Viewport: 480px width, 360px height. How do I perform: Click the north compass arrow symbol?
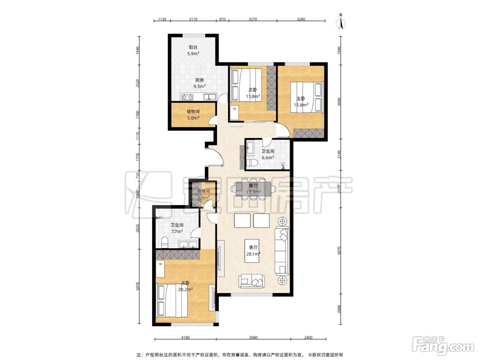pyautogui.click(x=340, y=23)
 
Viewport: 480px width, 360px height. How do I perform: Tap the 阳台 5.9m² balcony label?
pyautogui.click(x=193, y=50)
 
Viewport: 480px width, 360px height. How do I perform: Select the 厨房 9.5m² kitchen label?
pyautogui.click(x=200, y=83)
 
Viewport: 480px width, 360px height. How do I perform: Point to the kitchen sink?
pyautogui.click(x=209, y=96)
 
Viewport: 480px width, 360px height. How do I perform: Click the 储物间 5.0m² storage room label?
pyautogui.click(x=193, y=115)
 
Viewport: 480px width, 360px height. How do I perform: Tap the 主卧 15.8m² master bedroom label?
pyautogui.click(x=301, y=101)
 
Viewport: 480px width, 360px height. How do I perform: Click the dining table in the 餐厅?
pyautogui.click(x=253, y=189)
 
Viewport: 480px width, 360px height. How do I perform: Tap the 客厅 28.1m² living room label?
pyautogui.click(x=253, y=251)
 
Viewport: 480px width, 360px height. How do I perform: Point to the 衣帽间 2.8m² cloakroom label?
pyautogui.click(x=204, y=194)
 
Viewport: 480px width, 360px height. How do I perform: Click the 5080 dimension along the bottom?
pyautogui.click(x=253, y=337)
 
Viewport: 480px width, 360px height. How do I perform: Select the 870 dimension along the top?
pyautogui.click(x=223, y=19)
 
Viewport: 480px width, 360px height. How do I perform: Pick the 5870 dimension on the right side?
pyautogui.click(x=339, y=251)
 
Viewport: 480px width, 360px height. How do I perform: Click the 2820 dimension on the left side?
pyautogui.click(x=137, y=228)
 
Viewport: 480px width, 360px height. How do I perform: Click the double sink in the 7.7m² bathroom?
pyautogui.click(x=189, y=244)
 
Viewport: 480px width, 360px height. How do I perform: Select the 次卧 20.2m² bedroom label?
pyautogui.click(x=185, y=286)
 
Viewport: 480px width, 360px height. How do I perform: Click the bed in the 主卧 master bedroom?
pyautogui.click(x=307, y=97)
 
